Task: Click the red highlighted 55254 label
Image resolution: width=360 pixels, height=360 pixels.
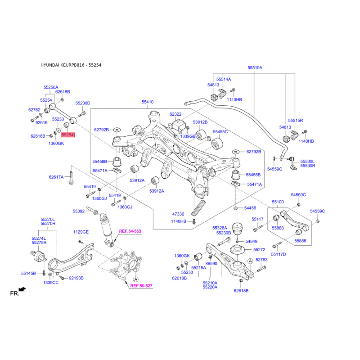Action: [67, 135]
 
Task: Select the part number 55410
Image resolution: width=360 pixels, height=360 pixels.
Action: [148, 103]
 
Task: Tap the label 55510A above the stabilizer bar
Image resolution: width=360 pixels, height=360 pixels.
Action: [254, 67]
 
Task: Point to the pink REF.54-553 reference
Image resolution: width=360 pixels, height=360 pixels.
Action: [130, 231]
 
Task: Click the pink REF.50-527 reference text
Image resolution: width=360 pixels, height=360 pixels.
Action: [141, 286]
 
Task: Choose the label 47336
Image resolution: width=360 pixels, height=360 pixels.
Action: [178, 214]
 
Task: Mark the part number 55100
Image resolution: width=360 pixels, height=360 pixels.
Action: [277, 202]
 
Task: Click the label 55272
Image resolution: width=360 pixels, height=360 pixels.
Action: [259, 249]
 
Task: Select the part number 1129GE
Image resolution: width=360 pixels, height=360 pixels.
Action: [81, 232]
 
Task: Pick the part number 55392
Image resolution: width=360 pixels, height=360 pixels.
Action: [79, 211]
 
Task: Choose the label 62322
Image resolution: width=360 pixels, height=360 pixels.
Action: [175, 114]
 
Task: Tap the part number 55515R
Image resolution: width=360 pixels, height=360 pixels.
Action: [296, 121]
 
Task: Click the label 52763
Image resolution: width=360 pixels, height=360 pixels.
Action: [261, 260]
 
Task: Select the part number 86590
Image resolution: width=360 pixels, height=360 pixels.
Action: [211, 263]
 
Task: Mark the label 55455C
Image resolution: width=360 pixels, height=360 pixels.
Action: [220, 132]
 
